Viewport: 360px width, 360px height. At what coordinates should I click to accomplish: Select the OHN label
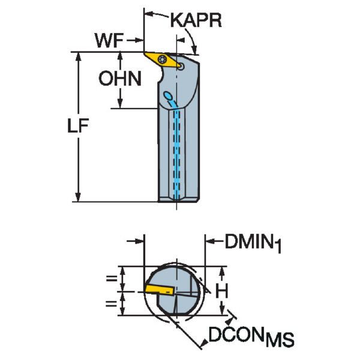[x=121, y=79]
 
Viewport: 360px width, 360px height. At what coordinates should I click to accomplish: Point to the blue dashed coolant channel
[x=177, y=150]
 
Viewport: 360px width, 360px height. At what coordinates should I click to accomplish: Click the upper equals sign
[x=110, y=278]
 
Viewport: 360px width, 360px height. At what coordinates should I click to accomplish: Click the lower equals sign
[x=110, y=304]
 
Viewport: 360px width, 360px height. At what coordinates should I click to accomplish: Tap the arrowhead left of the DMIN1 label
[x=211, y=242]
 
